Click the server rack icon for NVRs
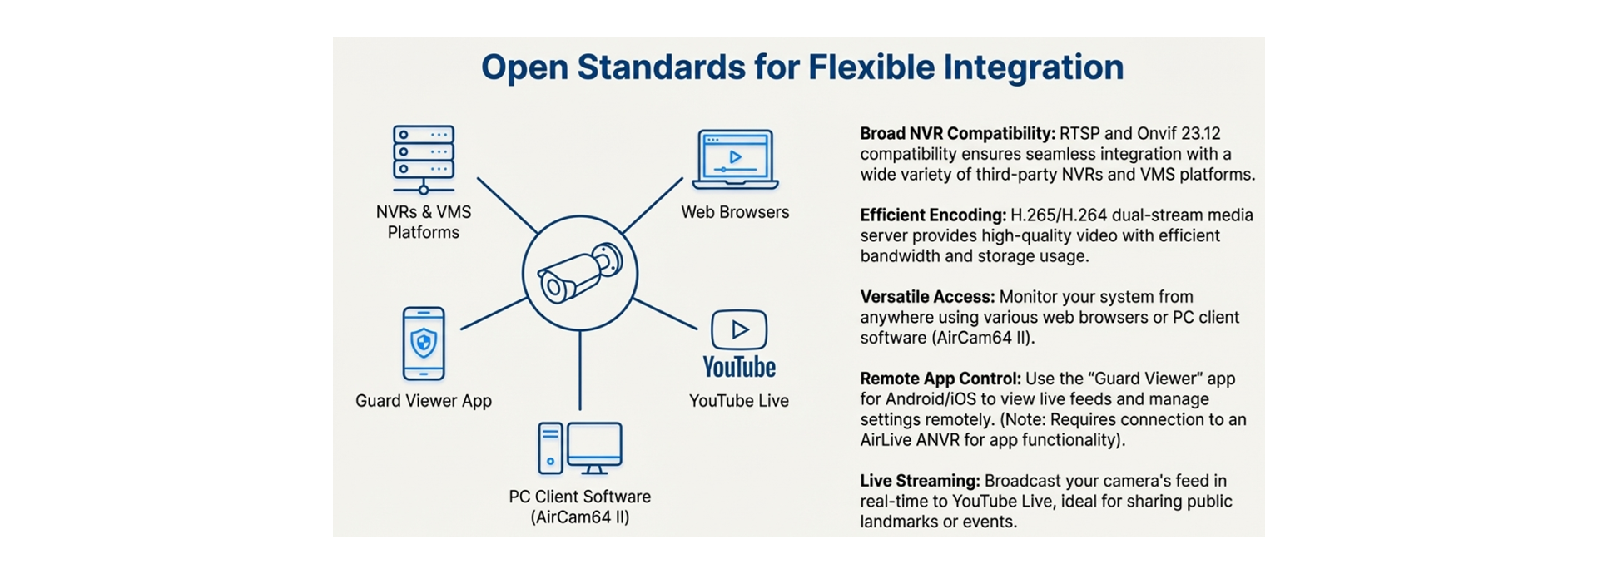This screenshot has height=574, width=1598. click(x=424, y=159)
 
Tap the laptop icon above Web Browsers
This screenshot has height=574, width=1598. click(x=735, y=159)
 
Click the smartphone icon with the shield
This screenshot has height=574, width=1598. click(x=424, y=343)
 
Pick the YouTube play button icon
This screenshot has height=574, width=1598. click(x=739, y=329)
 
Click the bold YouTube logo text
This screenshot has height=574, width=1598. click(x=739, y=367)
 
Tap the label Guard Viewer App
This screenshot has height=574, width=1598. click(x=424, y=401)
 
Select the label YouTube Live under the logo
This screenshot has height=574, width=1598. click(x=739, y=401)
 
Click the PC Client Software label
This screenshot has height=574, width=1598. click(x=580, y=497)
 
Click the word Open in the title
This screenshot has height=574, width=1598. click(x=524, y=67)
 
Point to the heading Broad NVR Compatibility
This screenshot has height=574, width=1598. click(x=957, y=133)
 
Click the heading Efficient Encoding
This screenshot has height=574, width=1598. click(x=933, y=215)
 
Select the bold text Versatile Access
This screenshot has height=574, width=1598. click(x=927, y=297)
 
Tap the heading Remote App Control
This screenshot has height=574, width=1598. click(x=940, y=379)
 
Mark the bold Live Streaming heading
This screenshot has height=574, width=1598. click(x=920, y=481)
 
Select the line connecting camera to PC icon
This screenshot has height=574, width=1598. click(x=580, y=370)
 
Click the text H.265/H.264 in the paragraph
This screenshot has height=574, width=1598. click(x=1059, y=215)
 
